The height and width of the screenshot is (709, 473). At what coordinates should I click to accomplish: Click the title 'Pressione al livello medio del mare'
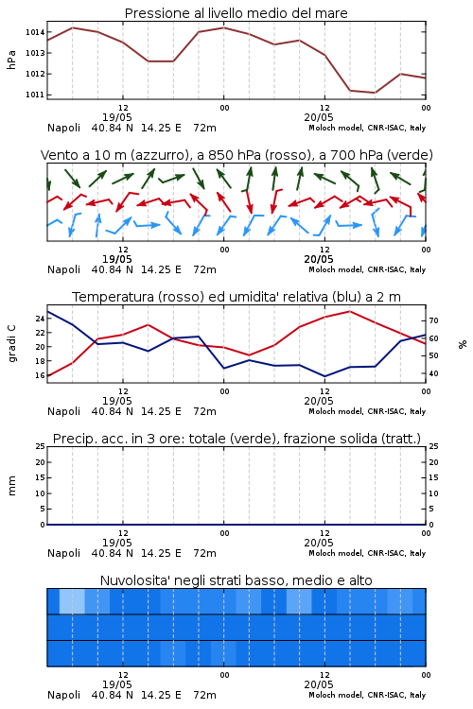236,13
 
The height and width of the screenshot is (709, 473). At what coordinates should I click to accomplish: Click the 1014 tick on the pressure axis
35,32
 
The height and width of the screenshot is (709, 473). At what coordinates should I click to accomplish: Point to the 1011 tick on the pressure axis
35,95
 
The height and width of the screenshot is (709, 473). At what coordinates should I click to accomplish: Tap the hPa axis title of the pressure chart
11,60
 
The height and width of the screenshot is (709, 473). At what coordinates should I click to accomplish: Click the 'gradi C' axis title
11,343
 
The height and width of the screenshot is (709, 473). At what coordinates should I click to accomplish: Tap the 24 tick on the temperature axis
40,319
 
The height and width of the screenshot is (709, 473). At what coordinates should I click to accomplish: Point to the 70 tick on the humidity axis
433,320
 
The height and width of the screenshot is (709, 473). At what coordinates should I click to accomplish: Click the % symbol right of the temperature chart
463,344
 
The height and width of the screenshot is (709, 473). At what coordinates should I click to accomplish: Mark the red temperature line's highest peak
349,311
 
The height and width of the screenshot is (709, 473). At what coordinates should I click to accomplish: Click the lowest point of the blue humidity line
324,376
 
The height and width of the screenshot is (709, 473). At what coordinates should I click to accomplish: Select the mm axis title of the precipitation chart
11,486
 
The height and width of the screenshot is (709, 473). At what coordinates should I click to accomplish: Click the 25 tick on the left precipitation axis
40,446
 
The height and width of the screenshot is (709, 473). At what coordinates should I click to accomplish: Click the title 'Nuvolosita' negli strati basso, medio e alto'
236,580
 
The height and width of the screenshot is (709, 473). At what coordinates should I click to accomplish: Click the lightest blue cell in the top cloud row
72,601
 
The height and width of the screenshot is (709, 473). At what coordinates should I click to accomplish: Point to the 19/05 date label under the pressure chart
116,117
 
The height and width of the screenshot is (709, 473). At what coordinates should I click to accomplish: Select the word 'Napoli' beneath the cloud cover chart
63,695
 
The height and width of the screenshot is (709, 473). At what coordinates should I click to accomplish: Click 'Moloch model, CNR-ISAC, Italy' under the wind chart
367,269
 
